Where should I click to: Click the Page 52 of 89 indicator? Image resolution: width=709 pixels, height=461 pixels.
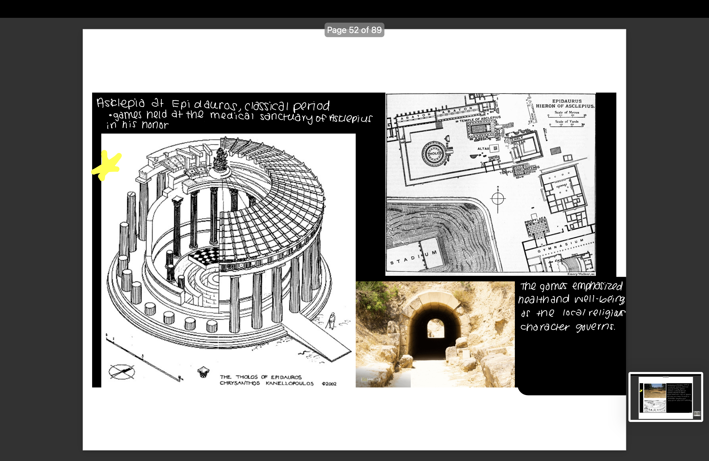tap(354, 30)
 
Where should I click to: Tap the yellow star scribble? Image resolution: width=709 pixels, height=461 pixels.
tap(107, 165)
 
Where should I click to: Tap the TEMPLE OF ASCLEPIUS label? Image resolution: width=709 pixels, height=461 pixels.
tap(480, 119)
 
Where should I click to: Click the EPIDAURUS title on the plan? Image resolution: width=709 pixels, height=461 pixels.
tap(567, 101)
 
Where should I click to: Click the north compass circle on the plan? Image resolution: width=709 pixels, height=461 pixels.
tap(498, 198)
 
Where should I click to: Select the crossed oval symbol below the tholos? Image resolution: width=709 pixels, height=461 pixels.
tap(122, 372)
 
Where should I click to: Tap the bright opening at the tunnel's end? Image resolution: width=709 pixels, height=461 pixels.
tap(436, 328)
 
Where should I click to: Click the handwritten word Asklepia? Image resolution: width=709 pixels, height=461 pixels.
tap(120, 103)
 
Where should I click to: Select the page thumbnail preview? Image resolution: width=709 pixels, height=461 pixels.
tap(666, 397)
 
